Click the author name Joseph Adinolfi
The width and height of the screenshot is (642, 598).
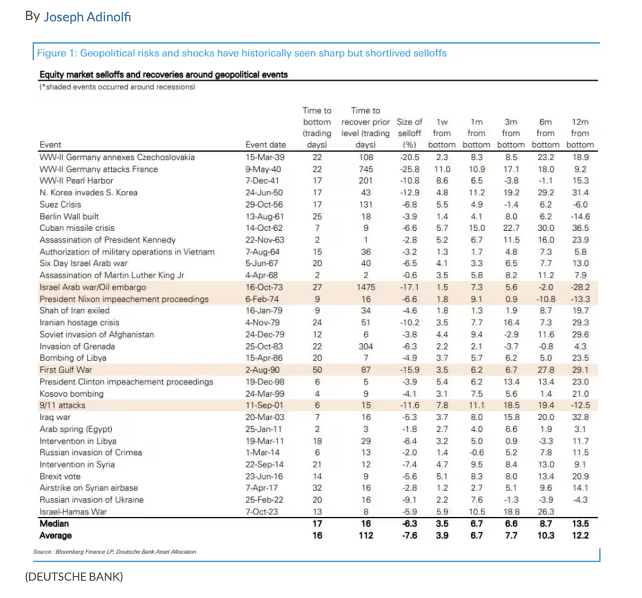pos(87,17)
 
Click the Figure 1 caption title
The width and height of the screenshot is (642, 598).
pos(242,53)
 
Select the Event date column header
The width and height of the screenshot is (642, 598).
pos(265,145)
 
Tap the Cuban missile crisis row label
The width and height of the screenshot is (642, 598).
pos(76,228)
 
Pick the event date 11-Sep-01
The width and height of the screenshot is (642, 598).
pos(264,405)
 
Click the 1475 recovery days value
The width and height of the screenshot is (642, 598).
pos(366,287)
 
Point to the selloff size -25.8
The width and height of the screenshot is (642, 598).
pos(409,169)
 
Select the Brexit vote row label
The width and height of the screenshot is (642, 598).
pos(60,476)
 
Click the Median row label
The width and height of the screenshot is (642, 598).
pos(54,524)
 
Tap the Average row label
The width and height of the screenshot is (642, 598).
pos(56,536)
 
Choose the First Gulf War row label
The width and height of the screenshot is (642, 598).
pos(66,370)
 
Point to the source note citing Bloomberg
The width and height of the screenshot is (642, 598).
pos(114,552)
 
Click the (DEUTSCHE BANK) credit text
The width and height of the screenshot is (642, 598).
pos(74,577)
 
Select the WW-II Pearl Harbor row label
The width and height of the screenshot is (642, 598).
pos(76,181)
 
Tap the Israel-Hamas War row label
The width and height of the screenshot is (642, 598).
pos(73,512)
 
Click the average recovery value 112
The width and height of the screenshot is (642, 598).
pos(366,536)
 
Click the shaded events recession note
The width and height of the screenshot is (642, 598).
pos(117,86)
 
